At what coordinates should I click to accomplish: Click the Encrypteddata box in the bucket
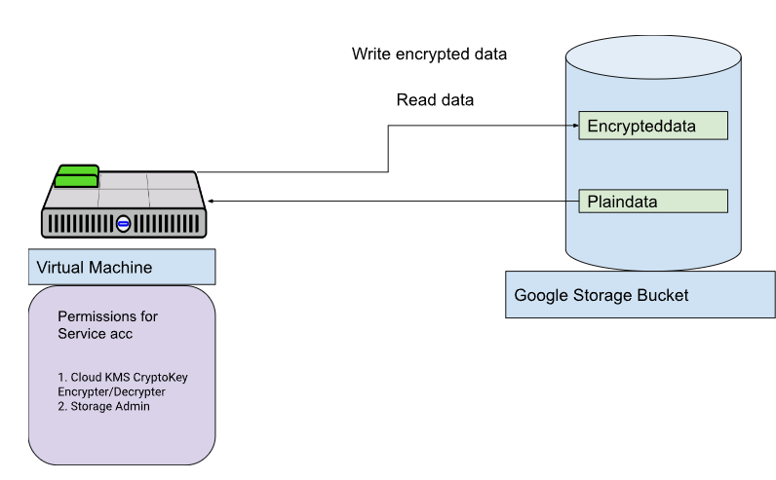(653, 126)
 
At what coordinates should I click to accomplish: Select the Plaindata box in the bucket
(653, 202)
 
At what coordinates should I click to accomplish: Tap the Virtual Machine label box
(122, 267)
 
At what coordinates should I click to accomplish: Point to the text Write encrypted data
(429, 54)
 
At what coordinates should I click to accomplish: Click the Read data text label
(435, 100)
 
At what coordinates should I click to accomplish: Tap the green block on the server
(77, 176)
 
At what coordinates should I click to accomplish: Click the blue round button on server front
(123, 224)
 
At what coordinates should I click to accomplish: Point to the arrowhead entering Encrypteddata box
(575, 126)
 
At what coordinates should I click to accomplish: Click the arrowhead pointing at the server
(211, 202)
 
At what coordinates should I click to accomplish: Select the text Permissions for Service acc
(107, 325)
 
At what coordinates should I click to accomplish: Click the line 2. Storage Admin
(103, 406)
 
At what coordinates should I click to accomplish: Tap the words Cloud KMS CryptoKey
(129, 377)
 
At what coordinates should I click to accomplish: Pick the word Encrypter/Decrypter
(111, 392)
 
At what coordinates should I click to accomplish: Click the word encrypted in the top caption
(426, 55)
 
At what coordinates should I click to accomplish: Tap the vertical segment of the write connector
(388, 149)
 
